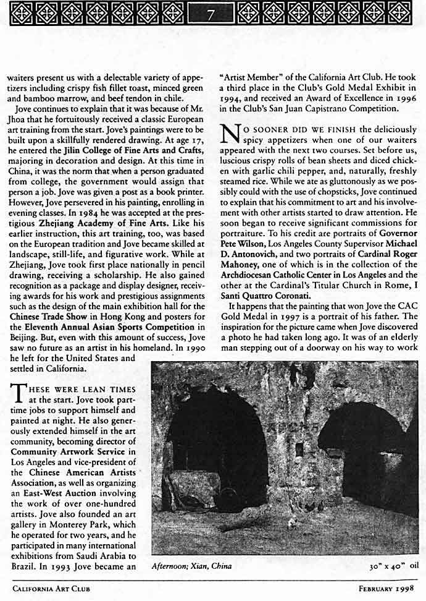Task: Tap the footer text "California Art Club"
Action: (x=51, y=589)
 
